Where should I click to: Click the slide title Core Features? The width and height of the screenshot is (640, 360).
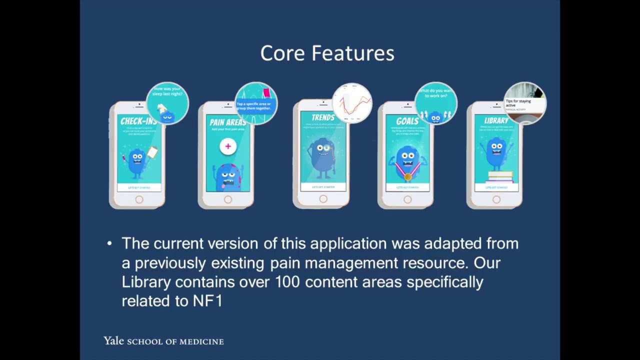pos(327,53)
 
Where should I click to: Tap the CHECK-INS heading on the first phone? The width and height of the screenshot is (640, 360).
pos(137,121)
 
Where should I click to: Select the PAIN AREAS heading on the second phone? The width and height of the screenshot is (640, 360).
pos(227,122)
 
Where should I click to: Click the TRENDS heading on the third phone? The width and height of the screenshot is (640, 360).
pos(322,118)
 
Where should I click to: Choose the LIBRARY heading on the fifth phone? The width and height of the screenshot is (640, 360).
pos(495,121)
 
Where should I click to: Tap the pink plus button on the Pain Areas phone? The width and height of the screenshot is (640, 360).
pos(228,146)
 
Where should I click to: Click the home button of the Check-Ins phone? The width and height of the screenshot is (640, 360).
pos(139,200)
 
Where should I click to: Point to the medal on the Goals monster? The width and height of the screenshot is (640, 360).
pos(407,176)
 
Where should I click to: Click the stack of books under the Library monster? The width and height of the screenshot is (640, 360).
pos(499,176)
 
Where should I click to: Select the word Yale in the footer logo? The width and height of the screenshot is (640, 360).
pos(113,341)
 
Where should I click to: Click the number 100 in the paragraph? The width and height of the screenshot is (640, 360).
pos(287,282)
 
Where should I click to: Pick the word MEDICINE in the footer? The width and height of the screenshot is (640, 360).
pos(201,341)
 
